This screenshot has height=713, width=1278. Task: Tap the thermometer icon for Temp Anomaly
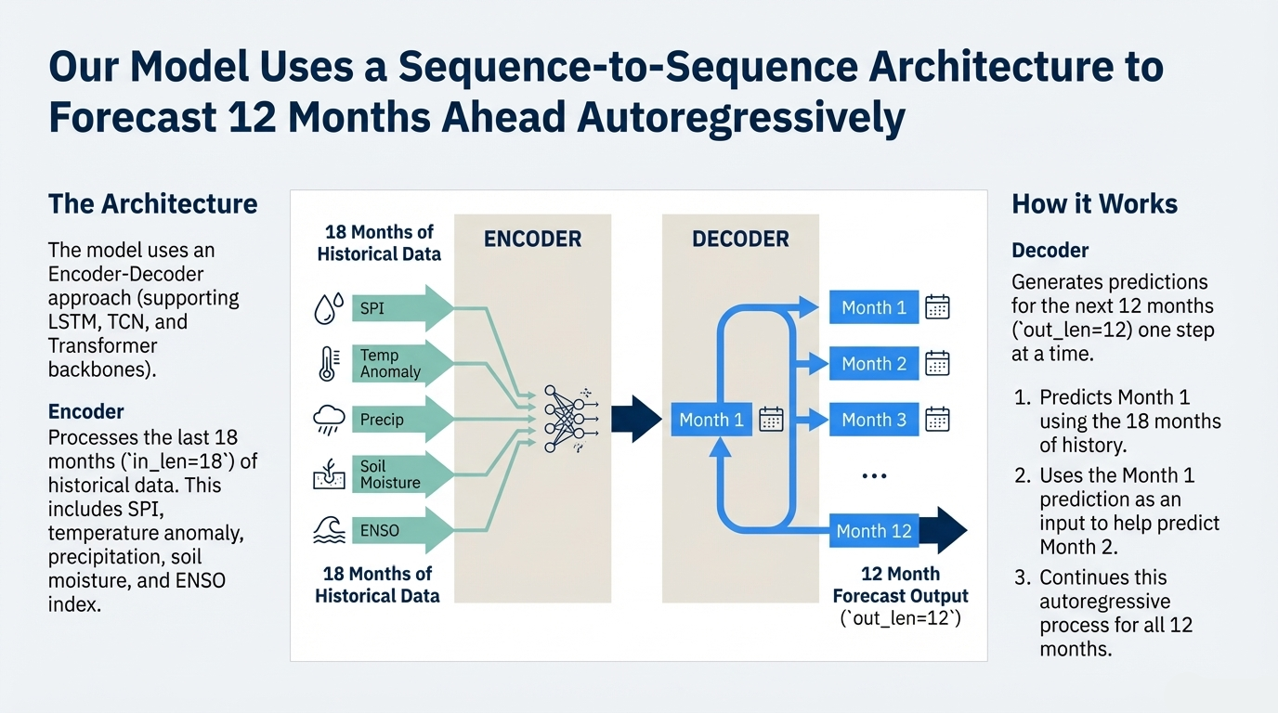328,363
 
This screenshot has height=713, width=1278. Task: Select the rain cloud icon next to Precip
329,420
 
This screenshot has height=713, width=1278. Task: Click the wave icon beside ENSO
329,530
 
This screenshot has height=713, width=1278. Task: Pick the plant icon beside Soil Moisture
329,475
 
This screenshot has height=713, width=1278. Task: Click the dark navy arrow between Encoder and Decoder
635,420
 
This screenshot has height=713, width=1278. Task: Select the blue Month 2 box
873,364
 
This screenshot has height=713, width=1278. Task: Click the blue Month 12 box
873,531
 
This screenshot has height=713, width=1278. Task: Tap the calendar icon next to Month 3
937,420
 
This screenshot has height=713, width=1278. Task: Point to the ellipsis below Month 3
874,475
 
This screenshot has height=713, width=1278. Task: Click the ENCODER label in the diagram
532,240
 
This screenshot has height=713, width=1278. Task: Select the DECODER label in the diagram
740,240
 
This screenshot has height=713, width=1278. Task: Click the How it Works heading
1094,204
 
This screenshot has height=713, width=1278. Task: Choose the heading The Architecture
152,204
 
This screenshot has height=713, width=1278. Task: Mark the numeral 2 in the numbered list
1022,476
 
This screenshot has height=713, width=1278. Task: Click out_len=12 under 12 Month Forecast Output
900,617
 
